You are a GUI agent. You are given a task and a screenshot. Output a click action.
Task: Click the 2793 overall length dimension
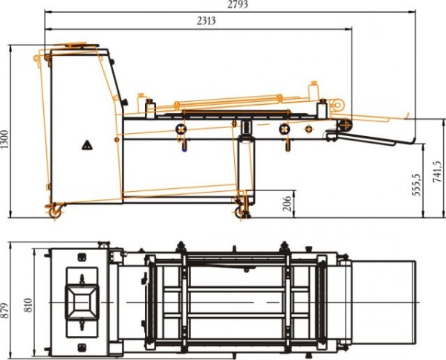click(238, 4)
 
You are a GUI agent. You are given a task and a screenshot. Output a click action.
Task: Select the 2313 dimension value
click(206, 21)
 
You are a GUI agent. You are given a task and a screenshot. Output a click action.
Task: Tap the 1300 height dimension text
click(4, 139)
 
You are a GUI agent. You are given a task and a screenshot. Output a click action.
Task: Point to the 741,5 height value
click(437, 172)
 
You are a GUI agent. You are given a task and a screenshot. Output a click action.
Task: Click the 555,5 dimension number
click(416, 184)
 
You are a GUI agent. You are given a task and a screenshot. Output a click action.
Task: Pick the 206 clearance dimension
click(288, 204)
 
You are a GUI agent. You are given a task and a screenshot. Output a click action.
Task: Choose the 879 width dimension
click(4, 311)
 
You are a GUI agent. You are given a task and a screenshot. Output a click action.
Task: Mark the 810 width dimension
click(28, 306)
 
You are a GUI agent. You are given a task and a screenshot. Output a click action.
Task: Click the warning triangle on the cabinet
click(87, 146)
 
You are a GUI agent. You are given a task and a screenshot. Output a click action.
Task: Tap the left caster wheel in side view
click(55, 212)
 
